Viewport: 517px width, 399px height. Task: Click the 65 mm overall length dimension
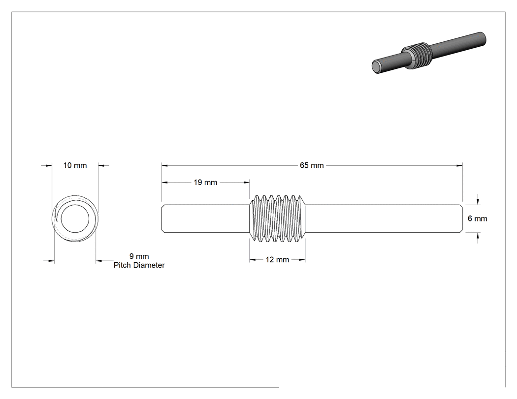pyautogui.click(x=312, y=165)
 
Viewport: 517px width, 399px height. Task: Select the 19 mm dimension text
pyautogui.click(x=205, y=182)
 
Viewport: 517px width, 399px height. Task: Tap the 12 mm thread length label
pyautogui.click(x=277, y=260)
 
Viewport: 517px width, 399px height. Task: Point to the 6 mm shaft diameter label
pyautogui.click(x=478, y=218)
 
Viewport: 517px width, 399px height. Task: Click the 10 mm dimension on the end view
pyautogui.click(x=75, y=165)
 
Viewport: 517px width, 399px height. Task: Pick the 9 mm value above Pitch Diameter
pyautogui.click(x=139, y=256)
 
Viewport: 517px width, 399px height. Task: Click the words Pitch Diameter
pyautogui.click(x=139, y=265)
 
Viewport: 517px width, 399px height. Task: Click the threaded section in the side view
pyautogui.click(x=277, y=218)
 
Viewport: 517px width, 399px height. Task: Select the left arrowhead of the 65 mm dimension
pyautogui.click(x=164, y=165)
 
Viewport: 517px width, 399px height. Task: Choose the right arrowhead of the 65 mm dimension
pyautogui.click(x=459, y=165)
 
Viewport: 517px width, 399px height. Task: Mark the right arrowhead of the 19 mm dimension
pyautogui.click(x=247, y=182)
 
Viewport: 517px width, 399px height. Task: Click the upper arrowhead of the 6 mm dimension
pyautogui.click(x=478, y=202)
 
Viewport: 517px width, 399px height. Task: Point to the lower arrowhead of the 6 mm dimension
pyautogui.click(x=478, y=236)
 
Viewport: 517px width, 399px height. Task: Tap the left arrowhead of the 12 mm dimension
pyautogui.click(x=252, y=260)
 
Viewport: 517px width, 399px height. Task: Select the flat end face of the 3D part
pyautogui.click(x=375, y=67)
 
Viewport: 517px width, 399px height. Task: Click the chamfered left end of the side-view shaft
pyautogui.click(x=163, y=218)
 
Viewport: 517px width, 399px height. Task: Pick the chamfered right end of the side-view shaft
pyautogui.click(x=461, y=218)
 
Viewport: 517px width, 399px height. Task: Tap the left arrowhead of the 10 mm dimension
pyautogui.click(x=49, y=165)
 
